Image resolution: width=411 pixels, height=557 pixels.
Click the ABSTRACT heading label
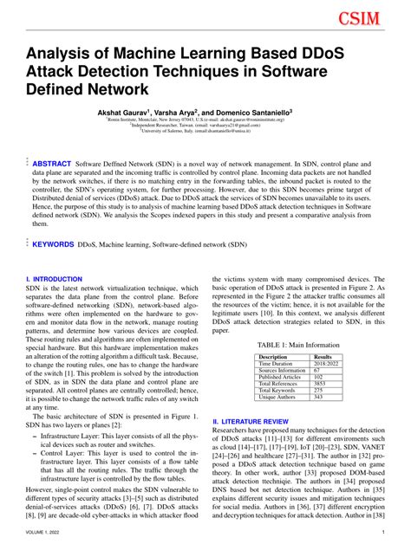click(52, 163)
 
